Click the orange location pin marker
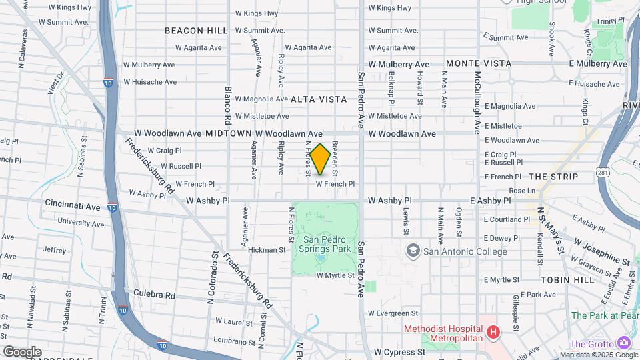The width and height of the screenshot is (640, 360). click(x=320, y=159)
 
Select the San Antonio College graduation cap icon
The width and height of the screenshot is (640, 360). click(x=413, y=251)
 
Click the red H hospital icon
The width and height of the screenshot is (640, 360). click(x=493, y=331)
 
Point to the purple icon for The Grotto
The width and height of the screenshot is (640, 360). click(x=625, y=342)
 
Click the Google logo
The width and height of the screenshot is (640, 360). click(x=22, y=351)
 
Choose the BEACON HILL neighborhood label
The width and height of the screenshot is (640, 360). click(x=196, y=31)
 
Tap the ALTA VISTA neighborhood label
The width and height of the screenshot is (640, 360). click(x=319, y=99)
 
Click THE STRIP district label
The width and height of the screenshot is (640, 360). click(x=553, y=177)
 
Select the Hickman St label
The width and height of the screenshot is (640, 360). click(x=268, y=250)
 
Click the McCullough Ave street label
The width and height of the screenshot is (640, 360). click(x=477, y=100)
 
